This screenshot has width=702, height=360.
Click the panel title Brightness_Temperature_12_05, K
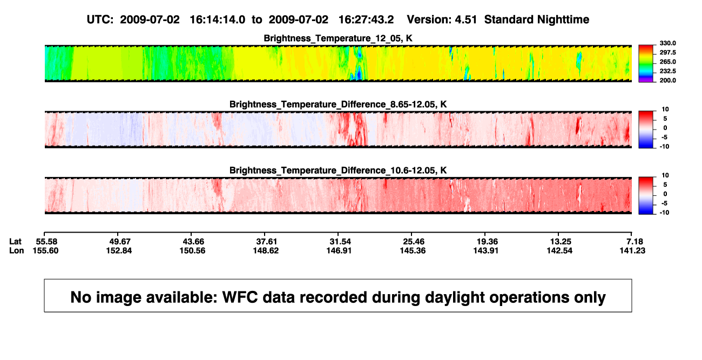[338, 38]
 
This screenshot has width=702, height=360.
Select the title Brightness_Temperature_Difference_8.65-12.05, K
[338, 104]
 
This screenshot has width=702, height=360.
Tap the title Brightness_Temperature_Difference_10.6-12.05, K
[338, 171]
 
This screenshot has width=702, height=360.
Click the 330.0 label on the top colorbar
[667, 43]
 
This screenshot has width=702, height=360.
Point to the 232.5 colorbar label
[667, 71]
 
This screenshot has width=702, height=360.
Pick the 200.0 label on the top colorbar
[667, 80]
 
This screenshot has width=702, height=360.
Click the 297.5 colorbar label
[667, 53]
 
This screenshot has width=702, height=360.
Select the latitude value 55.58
[46, 242]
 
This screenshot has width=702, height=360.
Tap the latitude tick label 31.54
[340, 242]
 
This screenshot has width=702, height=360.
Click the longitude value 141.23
[632, 250]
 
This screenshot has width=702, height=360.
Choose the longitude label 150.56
[192, 250]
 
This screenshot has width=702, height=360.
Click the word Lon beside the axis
[17, 250]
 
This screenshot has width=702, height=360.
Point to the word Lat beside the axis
[15, 242]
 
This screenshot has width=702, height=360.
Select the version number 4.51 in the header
[465, 20]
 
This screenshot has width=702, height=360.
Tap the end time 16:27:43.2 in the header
[366, 20]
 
